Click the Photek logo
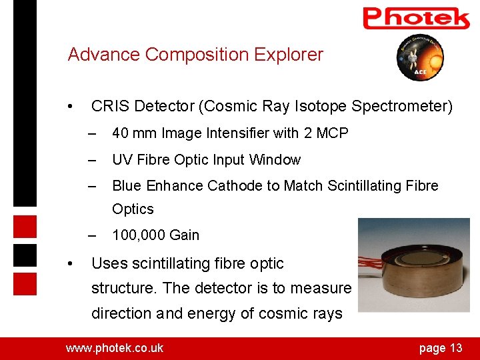(416, 18)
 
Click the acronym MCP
(332, 133)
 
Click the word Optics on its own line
(133, 209)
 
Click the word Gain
(184, 235)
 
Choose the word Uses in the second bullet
(108, 264)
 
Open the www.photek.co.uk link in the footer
(114, 347)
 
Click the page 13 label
(440, 347)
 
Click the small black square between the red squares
(25, 255)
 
